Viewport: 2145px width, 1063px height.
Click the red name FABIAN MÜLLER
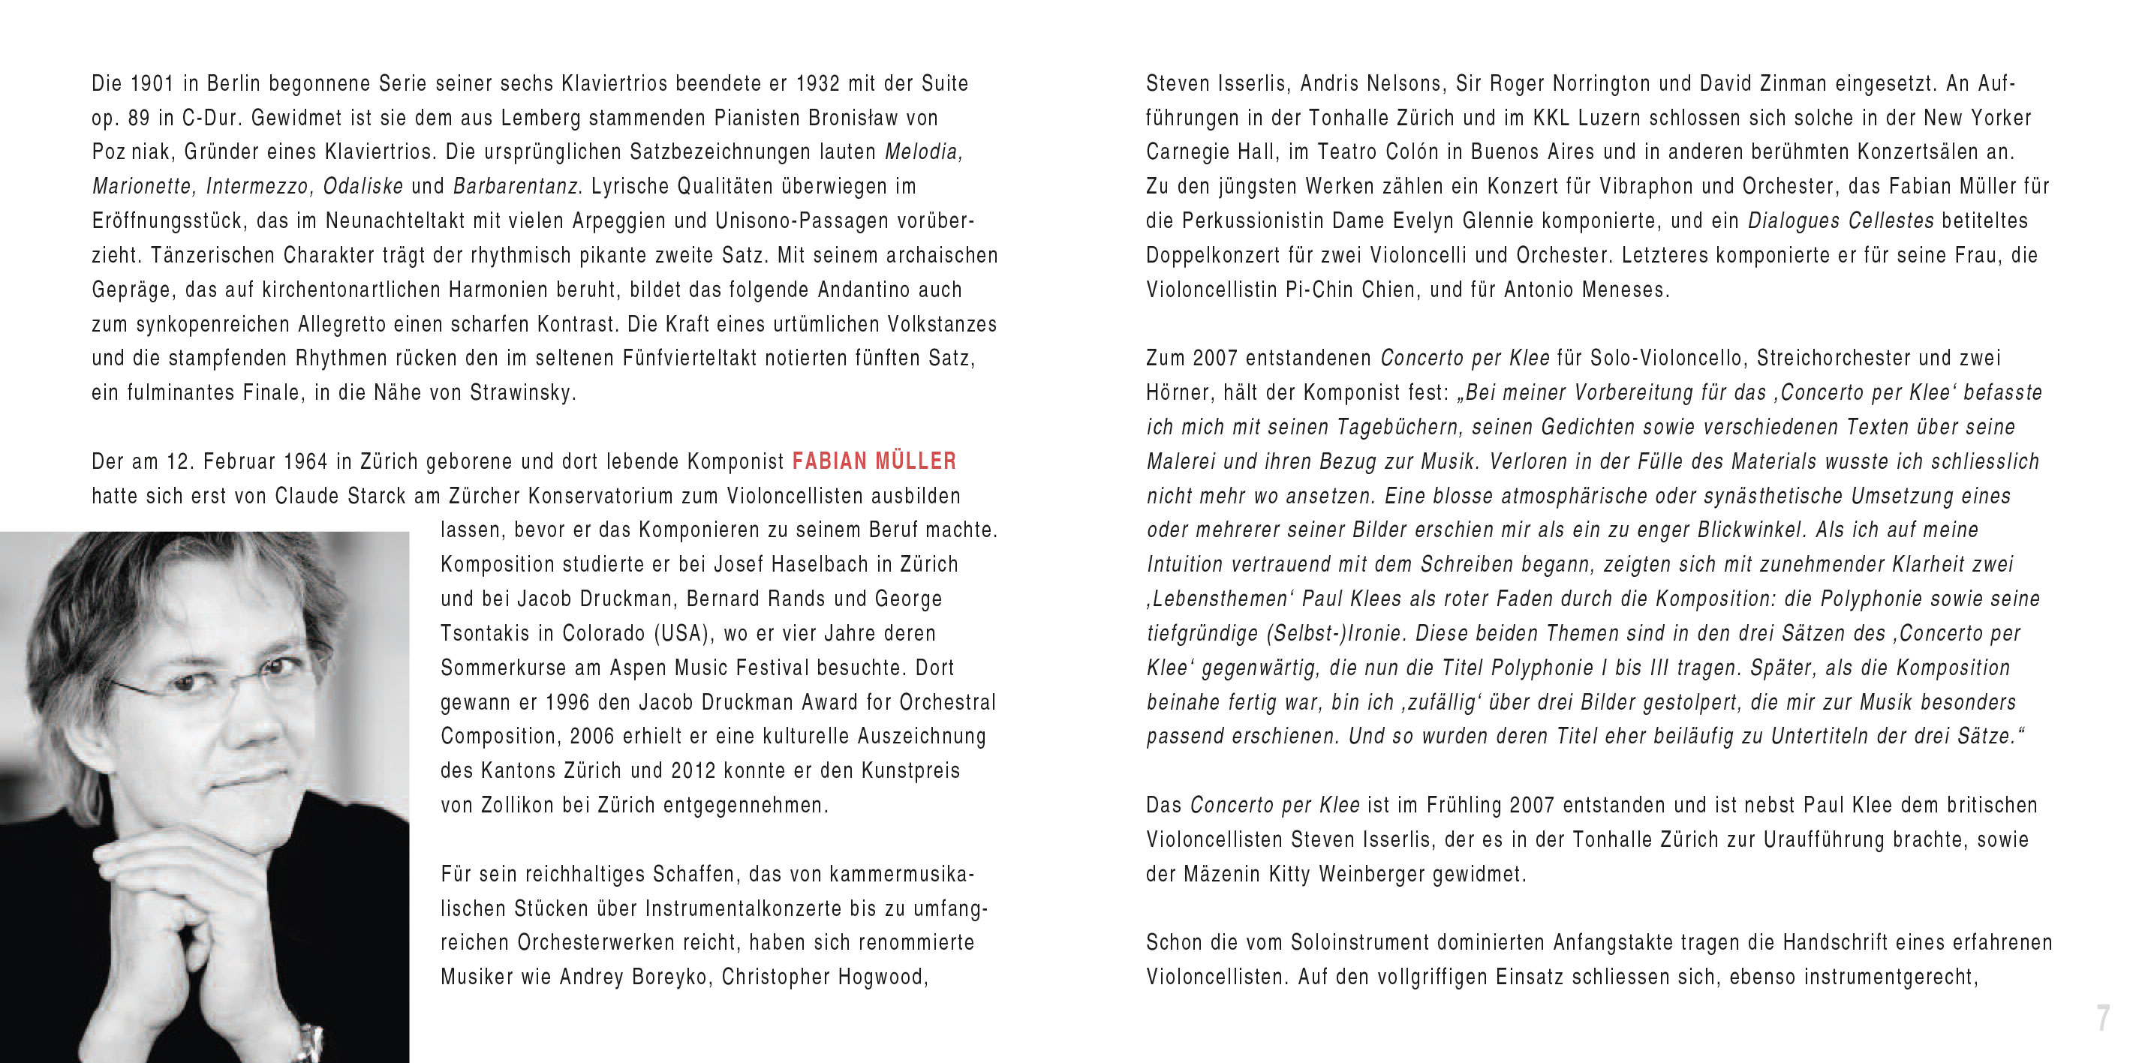(x=874, y=461)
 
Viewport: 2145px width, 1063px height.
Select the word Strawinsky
(x=522, y=393)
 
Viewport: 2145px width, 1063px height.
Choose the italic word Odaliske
(x=363, y=187)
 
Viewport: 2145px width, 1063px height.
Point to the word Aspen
(x=638, y=668)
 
